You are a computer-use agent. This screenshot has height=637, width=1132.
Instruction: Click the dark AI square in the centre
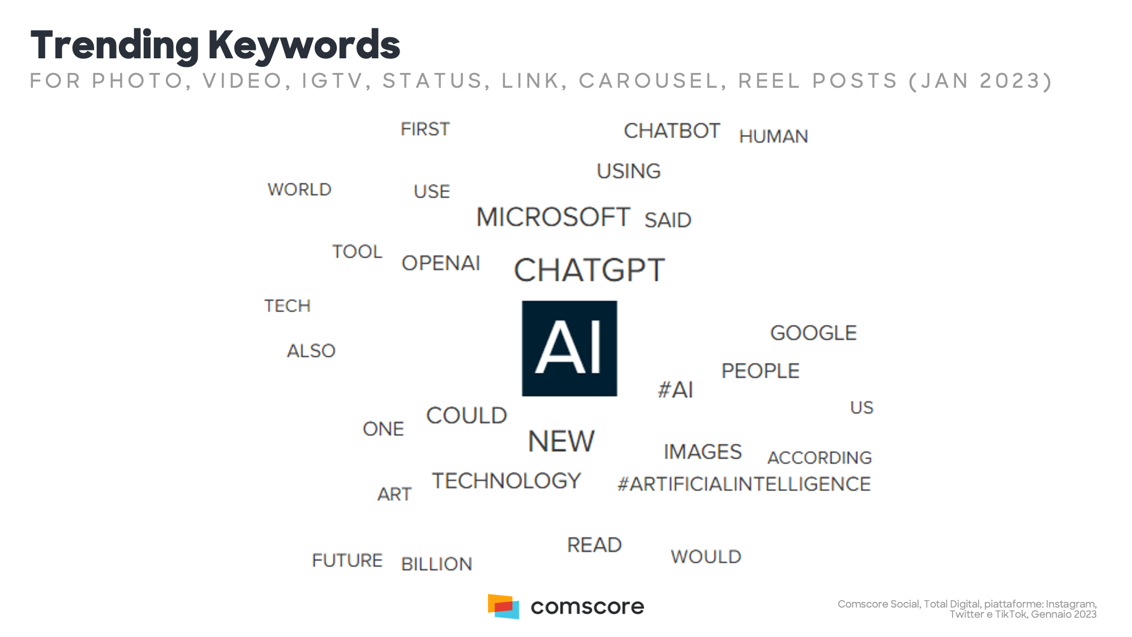(x=569, y=348)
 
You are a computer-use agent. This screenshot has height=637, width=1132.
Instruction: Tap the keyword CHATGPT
(x=589, y=270)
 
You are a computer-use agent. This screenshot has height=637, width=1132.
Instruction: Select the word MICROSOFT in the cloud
(x=553, y=217)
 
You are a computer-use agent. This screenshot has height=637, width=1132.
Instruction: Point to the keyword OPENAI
(x=441, y=263)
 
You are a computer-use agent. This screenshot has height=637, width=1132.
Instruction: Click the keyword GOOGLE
(x=813, y=333)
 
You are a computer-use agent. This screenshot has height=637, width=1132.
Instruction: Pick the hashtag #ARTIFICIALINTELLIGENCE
(x=744, y=484)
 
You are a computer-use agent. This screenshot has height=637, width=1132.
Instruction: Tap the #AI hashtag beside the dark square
(x=675, y=390)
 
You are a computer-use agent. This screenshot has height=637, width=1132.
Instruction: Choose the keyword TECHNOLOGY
(x=507, y=481)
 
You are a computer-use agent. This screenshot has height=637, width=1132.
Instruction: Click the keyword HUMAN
(x=774, y=136)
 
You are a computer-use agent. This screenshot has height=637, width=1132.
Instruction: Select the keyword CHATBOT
(x=672, y=131)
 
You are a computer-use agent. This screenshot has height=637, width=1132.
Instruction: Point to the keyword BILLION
(x=436, y=564)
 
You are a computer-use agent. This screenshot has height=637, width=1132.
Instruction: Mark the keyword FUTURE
(x=347, y=561)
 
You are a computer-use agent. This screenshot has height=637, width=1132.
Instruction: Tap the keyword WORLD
(x=299, y=190)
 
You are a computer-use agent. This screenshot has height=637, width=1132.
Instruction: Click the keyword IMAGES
(x=702, y=452)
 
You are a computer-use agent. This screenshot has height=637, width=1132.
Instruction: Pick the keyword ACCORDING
(x=820, y=458)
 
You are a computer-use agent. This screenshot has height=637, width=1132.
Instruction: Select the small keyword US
(x=861, y=408)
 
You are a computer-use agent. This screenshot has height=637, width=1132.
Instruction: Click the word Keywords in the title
(x=305, y=45)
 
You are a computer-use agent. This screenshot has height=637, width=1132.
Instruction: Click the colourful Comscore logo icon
(x=503, y=606)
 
